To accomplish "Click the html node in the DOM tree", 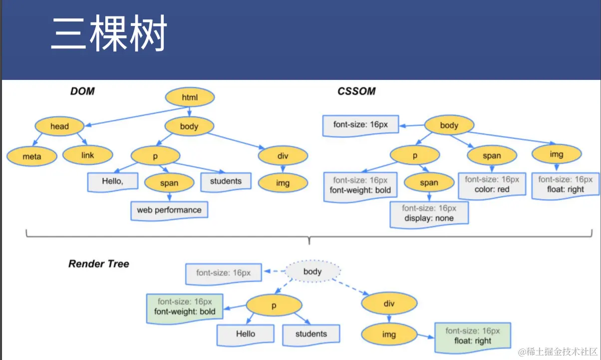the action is pos(190,97).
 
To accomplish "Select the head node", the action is pos(59,126).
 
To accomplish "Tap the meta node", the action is pos(32,156).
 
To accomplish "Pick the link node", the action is pos(88,155).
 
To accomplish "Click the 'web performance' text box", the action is pos(169,211).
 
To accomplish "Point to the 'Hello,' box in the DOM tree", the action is pos(113,182).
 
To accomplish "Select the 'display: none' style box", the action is pos(429,215).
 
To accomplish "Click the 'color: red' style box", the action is pos(492,186).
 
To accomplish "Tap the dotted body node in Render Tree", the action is pos(312,271).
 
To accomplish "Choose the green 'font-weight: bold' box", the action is pos(185,309).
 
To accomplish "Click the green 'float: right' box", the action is pos(473,338).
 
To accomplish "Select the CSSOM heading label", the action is pos(356,91).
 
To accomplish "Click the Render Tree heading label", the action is pos(99,264).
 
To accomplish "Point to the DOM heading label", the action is pos(82,91).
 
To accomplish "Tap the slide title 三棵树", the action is pos(109,33).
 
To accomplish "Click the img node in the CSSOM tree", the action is pos(557,154).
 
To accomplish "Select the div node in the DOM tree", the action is pos(283,156).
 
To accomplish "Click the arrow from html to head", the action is pos(137,116).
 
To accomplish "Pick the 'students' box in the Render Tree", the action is pos(311,335).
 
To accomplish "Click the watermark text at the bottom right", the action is pos(558,352).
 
